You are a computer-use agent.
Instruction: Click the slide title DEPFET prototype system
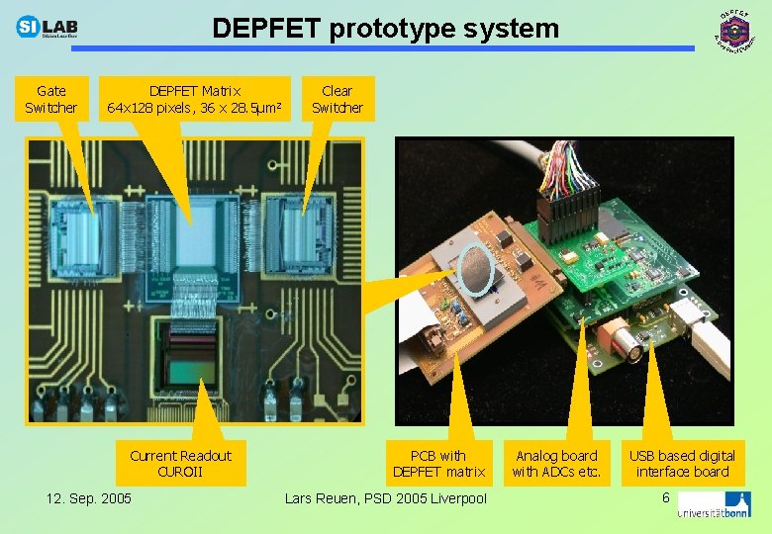(x=386, y=28)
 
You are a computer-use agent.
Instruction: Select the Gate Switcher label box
(x=50, y=99)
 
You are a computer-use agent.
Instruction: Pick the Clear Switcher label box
(x=338, y=99)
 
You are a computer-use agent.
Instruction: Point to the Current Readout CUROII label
(x=180, y=463)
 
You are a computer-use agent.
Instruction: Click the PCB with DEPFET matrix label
(x=438, y=463)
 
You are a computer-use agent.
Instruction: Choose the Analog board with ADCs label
(x=556, y=463)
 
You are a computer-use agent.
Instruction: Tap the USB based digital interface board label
(x=683, y=463)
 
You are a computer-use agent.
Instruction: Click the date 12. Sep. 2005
(x=88, y=497)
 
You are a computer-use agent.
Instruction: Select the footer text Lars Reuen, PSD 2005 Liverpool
(x=386, y=497)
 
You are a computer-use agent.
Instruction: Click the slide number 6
(x=666, y=495)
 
